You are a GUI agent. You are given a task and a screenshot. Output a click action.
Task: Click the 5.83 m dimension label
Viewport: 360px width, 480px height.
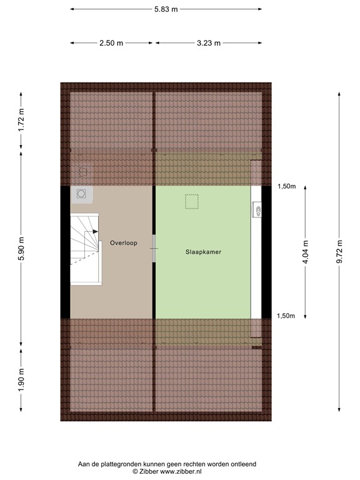click(x=166, y=9)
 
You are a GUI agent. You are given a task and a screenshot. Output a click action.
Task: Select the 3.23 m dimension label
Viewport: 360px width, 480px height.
click(x=208, y=42)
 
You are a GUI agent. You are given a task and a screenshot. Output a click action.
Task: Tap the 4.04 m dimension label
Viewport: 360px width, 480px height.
click(x=306, y=251)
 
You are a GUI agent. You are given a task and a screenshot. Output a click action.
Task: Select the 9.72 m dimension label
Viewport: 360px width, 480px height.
click(x=339, y=251)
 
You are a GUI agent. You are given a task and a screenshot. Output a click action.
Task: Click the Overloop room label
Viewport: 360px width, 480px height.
click(x=123, y=242)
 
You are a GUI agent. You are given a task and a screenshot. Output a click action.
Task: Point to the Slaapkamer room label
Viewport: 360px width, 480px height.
click(x=204, y=252)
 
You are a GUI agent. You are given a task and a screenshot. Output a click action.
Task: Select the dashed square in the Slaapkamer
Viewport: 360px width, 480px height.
click(x=191, y=202)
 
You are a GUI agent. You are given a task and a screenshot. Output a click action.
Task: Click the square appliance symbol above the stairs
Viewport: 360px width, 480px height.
click(x=81, y=194)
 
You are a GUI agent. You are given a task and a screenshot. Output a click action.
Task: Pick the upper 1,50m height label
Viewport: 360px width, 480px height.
click(x=286, y=186)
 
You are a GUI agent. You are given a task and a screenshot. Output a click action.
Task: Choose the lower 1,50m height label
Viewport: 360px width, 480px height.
click(x=286, y=316)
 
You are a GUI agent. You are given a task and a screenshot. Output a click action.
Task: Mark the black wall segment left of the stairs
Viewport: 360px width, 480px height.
click(x=65, y=252)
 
